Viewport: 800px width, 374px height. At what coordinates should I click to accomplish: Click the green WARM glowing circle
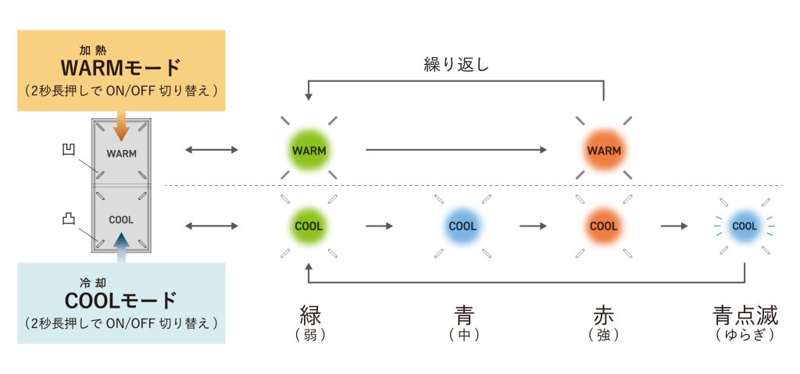pos(309,149)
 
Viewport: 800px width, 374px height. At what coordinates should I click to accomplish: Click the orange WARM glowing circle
pos(603,149)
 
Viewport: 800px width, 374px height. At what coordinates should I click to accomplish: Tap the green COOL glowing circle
pos(309,226)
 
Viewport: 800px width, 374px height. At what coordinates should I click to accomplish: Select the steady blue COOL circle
pos(462,226)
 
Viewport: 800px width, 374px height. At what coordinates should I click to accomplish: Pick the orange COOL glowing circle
pos(603,226)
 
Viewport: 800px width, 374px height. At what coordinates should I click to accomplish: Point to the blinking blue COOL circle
pos(744,226)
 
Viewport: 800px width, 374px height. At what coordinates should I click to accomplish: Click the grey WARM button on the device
pos(121,153)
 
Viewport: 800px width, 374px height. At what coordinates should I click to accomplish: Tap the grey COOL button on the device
pos(121,220)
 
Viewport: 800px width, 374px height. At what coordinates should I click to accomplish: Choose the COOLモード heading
pos(120,300)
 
